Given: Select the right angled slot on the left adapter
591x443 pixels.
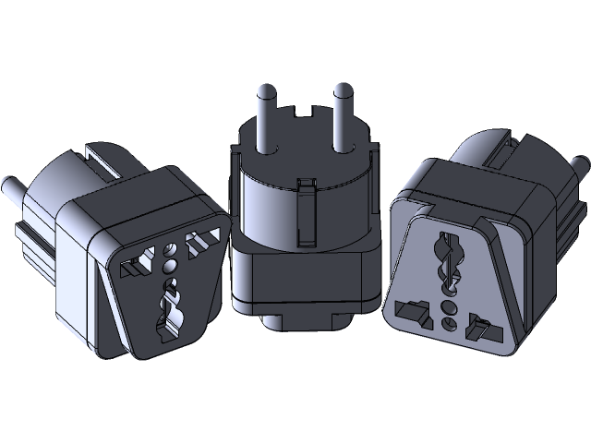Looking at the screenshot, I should (x=199, y=244).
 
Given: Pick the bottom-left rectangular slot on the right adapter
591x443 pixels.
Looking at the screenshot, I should (x=411, y=308).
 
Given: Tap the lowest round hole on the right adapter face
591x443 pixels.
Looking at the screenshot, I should (x=448, y=322).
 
